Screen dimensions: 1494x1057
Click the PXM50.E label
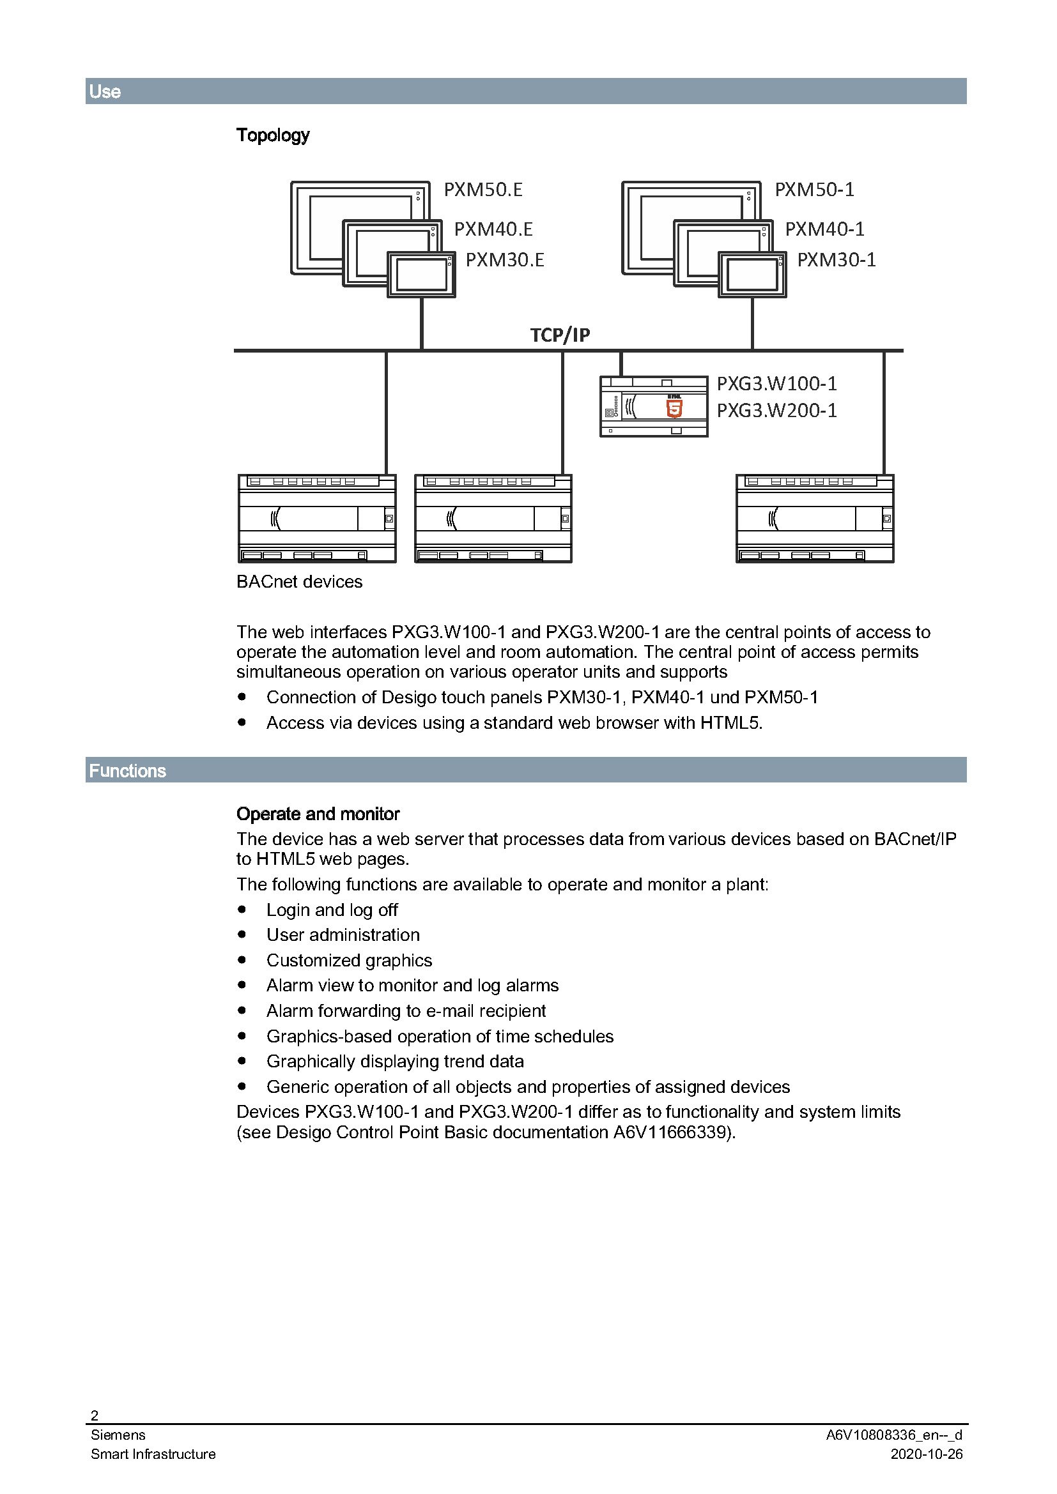pos(483,189)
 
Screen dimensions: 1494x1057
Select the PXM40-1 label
pos(824,229)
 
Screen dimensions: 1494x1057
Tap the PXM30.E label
pos(504,259)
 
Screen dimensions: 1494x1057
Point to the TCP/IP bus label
pos(560,335)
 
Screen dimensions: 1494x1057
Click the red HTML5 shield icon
pos(674,408)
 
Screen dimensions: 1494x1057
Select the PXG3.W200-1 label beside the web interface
pos(776,411)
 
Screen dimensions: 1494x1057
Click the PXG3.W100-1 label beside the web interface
pos(776,383)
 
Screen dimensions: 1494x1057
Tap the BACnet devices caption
pos(298,581)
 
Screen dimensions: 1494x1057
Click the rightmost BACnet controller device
pos(814,518)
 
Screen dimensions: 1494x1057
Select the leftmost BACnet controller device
pos(317,518)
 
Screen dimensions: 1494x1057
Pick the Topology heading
pos(273,135)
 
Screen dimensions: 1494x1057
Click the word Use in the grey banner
pos(105,91)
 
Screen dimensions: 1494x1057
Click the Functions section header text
pos(128,770)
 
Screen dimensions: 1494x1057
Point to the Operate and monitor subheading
pos(318,813)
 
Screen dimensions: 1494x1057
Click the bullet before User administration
pos(242,934)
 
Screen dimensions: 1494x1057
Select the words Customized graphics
pos(349,960)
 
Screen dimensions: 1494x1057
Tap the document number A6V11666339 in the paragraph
pos(669,1132)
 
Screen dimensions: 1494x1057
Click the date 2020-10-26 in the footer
pos(926,1454)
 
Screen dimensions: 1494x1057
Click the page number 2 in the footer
pos(95,1415)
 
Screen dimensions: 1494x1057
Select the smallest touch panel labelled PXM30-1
pos(752,275)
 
